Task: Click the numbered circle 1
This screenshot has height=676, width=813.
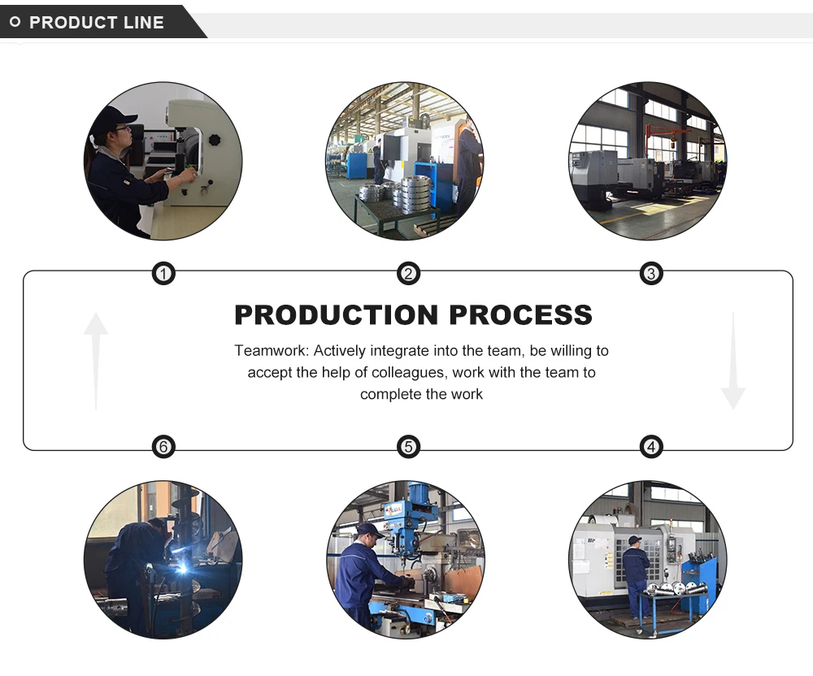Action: (x=163, y=274)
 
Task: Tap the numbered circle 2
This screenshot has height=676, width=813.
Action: (x=408, y=274)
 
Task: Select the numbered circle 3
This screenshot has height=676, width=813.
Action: (x=650, y=274)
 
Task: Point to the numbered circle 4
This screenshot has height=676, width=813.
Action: (x=650, y=446)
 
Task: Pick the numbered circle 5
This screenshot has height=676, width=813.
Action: (x=408, y=446)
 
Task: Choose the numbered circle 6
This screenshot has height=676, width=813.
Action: (x=163, y=446)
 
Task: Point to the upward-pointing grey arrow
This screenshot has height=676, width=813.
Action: (x=96, y=357)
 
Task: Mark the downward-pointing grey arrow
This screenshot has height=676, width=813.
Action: (x=733, y=362)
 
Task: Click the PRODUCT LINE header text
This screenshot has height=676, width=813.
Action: (x=97, y=23)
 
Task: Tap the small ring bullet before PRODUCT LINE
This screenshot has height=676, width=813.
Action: (x=15, y=22)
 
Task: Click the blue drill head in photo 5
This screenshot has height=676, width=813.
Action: (x=420, y=508)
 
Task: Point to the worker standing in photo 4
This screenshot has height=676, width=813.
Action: (x=635, y=574)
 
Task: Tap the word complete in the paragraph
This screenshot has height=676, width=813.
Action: (x=389, y=394)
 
